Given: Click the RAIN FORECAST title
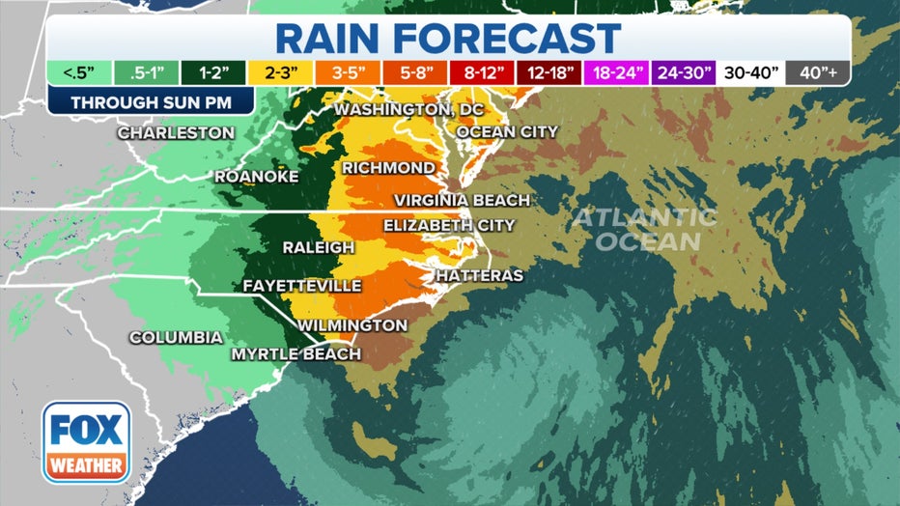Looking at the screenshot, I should click(448, 38).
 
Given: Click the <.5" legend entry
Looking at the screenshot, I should click(73, 72).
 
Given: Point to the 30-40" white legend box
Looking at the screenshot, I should click(749, 72).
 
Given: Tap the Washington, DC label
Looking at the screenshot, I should click(408, 110).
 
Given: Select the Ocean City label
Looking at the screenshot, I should click(506, 131).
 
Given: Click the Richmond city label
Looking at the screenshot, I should click(388, 168).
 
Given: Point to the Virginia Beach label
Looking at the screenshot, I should click(462, 200).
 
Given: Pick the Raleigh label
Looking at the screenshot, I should click(318, 248).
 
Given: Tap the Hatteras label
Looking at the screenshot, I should click(479, 276).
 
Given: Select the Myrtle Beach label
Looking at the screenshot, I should click(295, 354).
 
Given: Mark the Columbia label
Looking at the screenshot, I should click(176, 338).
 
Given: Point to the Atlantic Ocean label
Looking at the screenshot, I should click(647, 229).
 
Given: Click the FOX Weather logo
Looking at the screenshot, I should click(86, 441).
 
